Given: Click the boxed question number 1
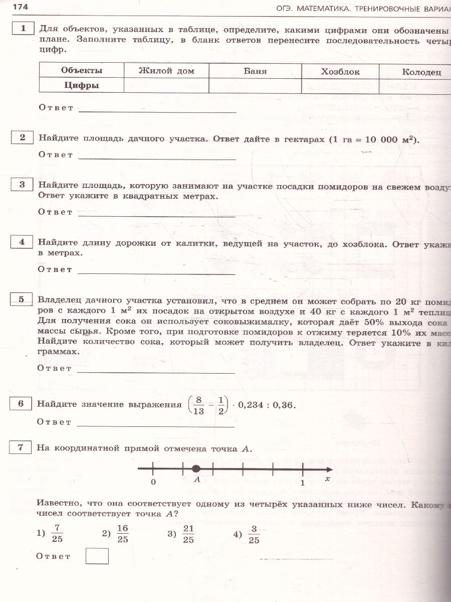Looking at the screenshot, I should (23, 29).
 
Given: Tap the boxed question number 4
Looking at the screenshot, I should (22, 242).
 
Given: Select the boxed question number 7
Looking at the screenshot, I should (21, 448).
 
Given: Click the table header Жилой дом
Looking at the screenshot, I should (166, 71).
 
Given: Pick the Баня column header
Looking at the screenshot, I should (255, 71).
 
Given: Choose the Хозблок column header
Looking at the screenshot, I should (340, 72).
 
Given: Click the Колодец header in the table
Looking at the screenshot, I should (421, 72).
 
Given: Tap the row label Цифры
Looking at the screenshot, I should (82, 85).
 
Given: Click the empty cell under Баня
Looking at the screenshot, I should (255, 85).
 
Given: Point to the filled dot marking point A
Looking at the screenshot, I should (196, 469).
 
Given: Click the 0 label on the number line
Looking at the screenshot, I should (153, 482).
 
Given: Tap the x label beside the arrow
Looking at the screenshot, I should (327, 479).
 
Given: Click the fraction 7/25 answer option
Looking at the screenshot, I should (57, 534).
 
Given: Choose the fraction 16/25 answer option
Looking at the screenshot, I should (122, 534).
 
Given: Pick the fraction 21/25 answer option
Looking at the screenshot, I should (188, 534).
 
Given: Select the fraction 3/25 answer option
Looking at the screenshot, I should (254, 534).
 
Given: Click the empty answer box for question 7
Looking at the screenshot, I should (97, 556).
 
